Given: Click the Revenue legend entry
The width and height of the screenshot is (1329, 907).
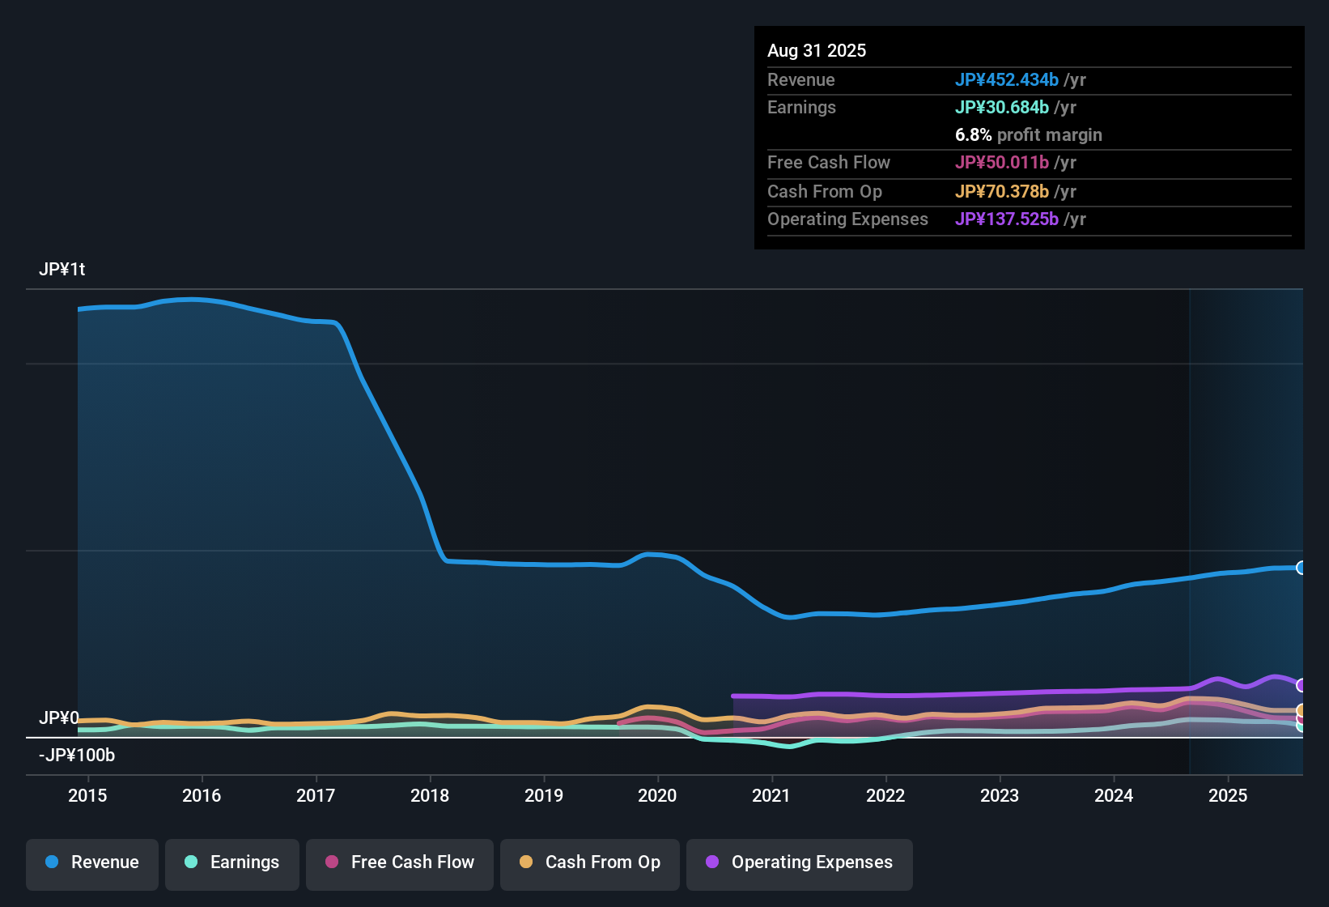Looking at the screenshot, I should (x=92, y=862).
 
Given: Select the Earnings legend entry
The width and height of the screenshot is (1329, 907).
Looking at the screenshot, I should (x=232, y=862).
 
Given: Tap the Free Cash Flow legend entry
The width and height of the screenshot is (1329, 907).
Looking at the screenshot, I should (x=400, y=862).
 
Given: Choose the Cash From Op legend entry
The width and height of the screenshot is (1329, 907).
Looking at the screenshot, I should (x=590, y=862).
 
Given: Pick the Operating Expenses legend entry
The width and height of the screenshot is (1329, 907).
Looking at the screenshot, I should (x=800, y=862).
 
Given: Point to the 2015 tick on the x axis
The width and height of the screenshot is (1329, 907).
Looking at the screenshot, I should (x=87, y=795).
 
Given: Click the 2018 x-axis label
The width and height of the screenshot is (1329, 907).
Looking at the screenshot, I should (x=430, y=795).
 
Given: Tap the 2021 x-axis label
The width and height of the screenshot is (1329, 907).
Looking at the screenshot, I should (x=771, y=795).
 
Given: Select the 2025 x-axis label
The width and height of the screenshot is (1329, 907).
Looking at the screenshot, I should (x=1228, y=795).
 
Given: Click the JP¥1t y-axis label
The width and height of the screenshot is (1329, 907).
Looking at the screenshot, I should (x=62, y=269).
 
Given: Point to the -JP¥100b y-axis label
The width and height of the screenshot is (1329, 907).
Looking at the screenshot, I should (x=77, y=756).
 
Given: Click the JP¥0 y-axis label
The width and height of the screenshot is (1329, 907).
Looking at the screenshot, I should (x=59, y=718).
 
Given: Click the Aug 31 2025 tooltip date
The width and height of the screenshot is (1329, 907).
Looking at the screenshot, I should (x=817, y=50).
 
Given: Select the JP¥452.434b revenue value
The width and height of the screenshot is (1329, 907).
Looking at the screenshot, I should (x=1006, y=79).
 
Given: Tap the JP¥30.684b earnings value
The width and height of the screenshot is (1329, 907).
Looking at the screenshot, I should (x=1001, y=107).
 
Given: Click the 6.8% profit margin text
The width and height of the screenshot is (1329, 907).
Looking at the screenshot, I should (x=1028, y=134).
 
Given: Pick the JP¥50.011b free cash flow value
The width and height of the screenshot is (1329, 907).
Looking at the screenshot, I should (x=1001, y=162).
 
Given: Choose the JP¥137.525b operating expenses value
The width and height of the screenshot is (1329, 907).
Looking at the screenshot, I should (x=1006, y=219).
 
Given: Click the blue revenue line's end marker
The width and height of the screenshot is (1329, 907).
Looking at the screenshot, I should (x=1301, y=568).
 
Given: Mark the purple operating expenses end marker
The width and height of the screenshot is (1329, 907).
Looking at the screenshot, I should (x=1301, y=685).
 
